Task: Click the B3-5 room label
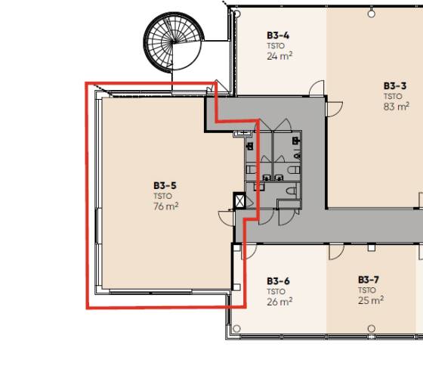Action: [165, 186]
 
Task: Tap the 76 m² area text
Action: [166, 206]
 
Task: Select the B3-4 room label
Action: [278, 36]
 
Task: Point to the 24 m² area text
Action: [279, 56]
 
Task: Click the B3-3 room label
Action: [395, 86]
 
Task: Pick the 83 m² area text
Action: [397, 107]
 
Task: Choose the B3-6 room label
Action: [278, 281]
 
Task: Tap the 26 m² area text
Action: [279, 302]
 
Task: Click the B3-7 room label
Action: [369, 280]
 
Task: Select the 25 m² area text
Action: [371, 300]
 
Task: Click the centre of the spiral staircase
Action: [173, 42]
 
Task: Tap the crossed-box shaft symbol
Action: [239, 200]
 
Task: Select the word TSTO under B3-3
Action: [393, 97]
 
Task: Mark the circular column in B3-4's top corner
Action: [236, 14]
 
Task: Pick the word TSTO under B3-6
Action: [276, 292]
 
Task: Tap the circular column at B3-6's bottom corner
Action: [236, 329]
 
